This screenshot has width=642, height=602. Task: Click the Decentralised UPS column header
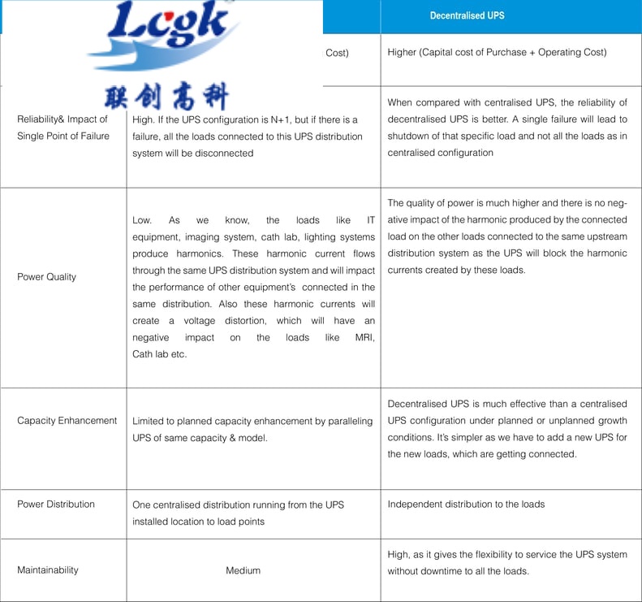[x=467, y=15]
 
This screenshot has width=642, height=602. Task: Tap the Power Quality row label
[x=46, y=277]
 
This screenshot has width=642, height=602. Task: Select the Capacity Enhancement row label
[x=67, y=421]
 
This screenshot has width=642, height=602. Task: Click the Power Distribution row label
[x=55, y=505]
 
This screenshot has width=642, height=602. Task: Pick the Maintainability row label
[x=47, y=570]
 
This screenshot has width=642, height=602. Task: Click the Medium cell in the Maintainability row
[x=243, y=570]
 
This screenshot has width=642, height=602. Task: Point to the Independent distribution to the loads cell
[x=466, y=505]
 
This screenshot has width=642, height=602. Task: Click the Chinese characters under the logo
[x=166, y=97]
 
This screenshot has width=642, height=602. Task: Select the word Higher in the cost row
[x=403, y=53]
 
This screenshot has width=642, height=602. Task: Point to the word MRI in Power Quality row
[x=364, y=337]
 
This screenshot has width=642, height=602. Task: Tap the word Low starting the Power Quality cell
[x=142, y=220]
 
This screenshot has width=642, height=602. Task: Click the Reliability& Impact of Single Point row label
[x=62, y=128]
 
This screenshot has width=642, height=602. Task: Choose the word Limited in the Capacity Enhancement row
[x=149, y=421]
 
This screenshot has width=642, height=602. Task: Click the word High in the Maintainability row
[x=399, y=554]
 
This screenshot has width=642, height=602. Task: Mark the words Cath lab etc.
[x=159, y=354]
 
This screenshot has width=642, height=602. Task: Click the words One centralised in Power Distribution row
[x=167, y=505]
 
